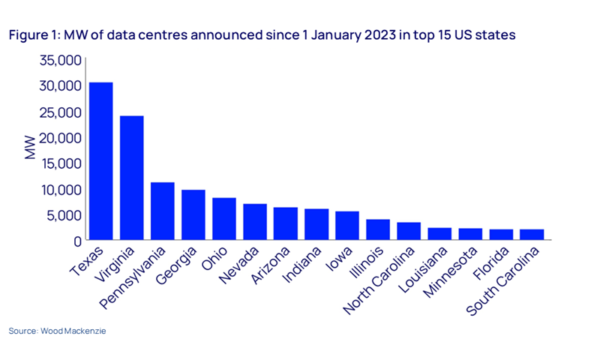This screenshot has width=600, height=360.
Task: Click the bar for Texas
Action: (100, 161)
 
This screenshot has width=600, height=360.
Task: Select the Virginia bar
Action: (131, 178)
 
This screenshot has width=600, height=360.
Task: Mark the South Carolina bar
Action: (531, 235)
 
